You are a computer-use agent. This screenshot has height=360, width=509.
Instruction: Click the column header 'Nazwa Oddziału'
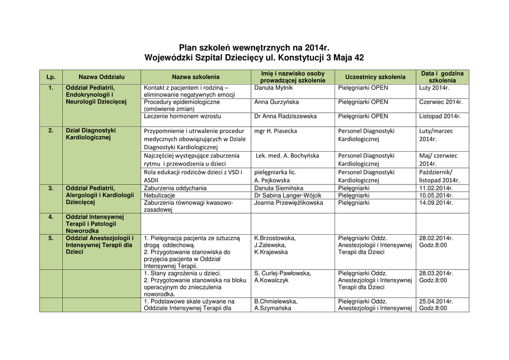click(101, 77)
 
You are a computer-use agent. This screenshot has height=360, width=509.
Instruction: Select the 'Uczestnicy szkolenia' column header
click(375, 77)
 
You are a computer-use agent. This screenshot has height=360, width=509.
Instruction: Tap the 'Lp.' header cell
click(51, 77)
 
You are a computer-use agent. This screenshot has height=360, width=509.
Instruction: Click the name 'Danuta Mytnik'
click(273, 88)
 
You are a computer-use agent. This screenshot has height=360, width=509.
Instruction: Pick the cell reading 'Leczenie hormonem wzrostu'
click(182, 116)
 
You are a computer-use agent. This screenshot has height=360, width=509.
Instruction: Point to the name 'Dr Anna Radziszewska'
click(285, 116)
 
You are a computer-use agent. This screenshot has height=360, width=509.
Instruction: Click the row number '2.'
click(51, 131)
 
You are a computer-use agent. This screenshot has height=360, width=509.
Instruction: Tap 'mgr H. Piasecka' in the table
click(275, 131)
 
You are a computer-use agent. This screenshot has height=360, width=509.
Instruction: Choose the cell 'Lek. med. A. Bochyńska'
click(287, 156)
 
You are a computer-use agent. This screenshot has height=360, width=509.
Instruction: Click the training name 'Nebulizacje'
click(160, 195)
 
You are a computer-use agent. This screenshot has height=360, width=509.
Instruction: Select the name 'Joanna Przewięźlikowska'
click(288, 202)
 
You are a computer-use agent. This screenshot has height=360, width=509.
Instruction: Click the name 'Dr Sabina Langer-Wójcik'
click(288, 195)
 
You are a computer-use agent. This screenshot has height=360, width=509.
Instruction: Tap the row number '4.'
click(51, 217)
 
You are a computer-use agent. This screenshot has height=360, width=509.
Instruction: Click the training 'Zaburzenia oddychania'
click(175, 188)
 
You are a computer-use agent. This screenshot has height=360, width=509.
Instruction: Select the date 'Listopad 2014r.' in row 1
click(440, 116)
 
